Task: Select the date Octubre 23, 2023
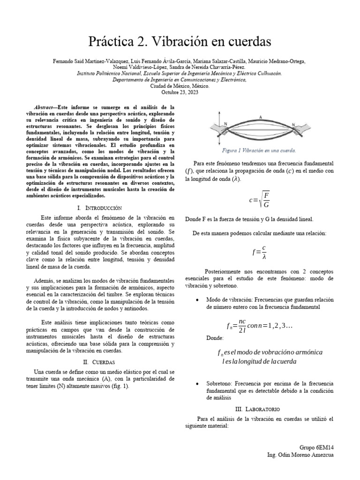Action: point(180,92)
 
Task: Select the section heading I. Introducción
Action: point(99,207)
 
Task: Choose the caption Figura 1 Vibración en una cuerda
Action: point(259,150)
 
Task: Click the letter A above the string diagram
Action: point(260,117)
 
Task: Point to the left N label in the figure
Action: point(226,124)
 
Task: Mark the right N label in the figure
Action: point(294,125)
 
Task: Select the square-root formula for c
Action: point(259,200)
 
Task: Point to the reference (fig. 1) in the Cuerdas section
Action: point(119,386)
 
